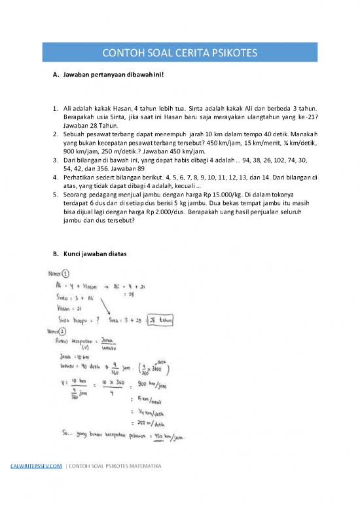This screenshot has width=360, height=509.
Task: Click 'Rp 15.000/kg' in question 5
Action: point(217,195)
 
